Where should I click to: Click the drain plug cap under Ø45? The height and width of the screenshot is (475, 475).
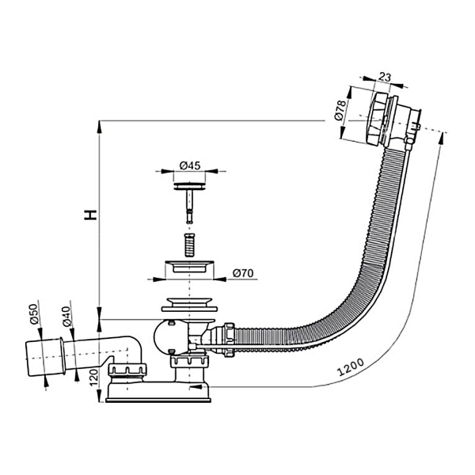click(188, 185)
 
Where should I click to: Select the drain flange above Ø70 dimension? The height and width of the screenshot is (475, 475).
click(188, 265)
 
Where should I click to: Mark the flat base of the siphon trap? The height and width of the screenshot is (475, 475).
click(158, 396)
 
